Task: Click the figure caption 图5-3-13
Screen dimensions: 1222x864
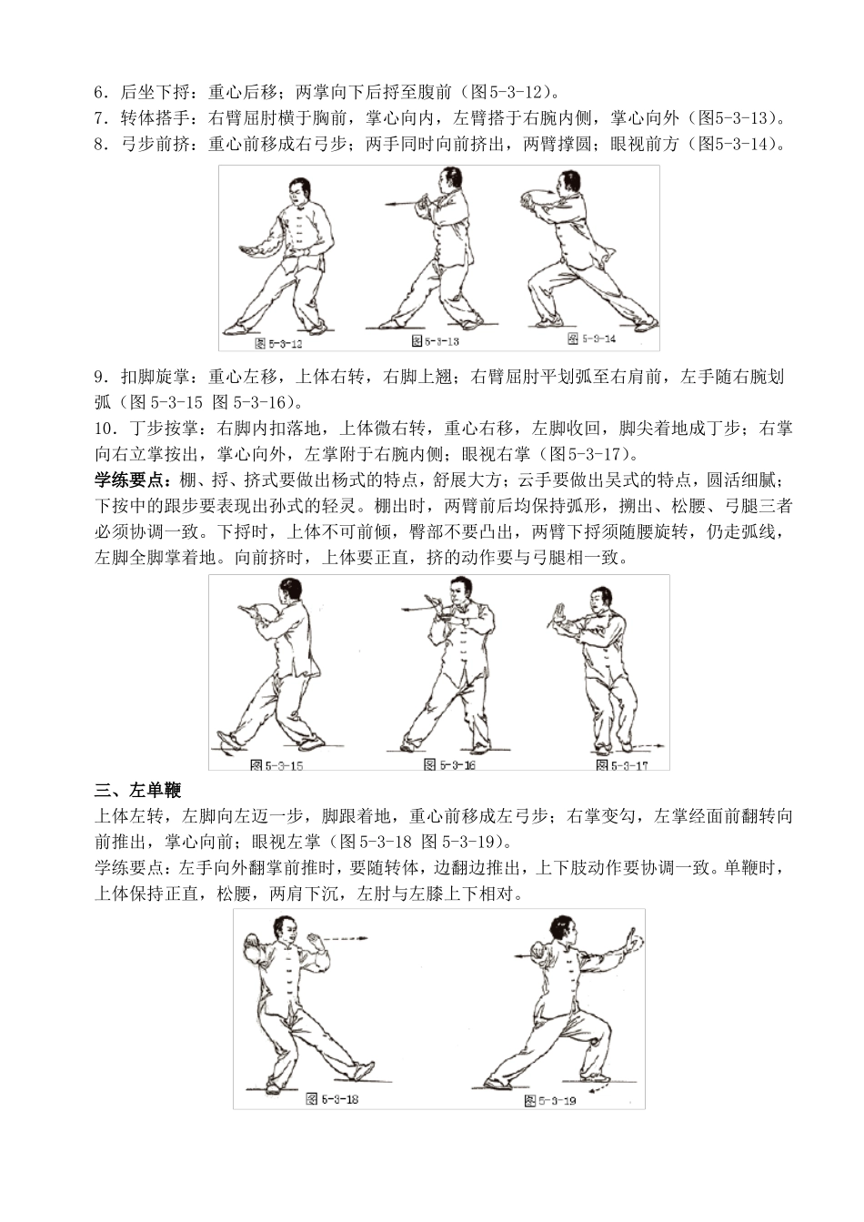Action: point(436,341)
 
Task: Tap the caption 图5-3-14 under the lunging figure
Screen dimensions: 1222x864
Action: point(592,338)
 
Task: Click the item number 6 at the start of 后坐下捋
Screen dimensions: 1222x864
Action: point(98,92)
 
